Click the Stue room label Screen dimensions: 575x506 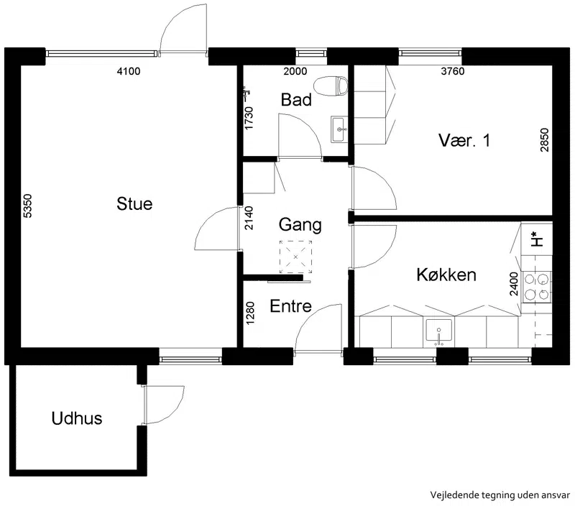(134, 204)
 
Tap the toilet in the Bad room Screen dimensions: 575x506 (331, 86)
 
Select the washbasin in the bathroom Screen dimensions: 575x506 (339, 129)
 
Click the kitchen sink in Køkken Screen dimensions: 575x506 (439, 333)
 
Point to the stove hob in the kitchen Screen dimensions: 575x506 (536, 287)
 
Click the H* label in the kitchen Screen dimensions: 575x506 (537, 239)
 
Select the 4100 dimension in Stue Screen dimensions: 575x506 (129, 71)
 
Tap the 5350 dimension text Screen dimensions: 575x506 (28, 206)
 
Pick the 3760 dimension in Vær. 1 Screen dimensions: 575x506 (453, 71)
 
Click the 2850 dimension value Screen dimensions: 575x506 (545, 139)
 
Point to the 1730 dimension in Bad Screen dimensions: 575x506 (249, 118)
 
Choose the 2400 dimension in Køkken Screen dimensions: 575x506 (514, 284)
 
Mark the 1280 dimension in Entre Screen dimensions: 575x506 (250, 313)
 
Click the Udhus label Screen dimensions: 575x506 (77, 418)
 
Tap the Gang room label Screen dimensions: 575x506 (300, 225)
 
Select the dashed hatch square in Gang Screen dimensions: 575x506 (295, 257)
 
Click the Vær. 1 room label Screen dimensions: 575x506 (464, 140)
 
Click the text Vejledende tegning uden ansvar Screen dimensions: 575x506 (500, 495)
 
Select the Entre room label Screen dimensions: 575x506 (291, 306)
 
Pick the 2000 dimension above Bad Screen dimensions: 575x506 (295, 71)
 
